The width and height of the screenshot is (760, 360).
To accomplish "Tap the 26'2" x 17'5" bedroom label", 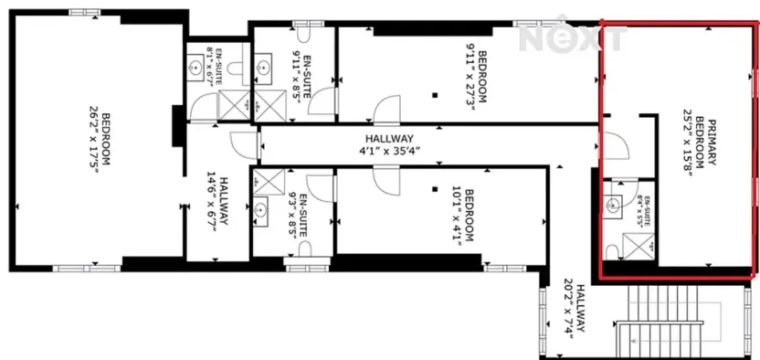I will click(x=100, y=138).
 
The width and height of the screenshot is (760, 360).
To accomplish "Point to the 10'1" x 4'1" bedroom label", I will click(x=465, y=214).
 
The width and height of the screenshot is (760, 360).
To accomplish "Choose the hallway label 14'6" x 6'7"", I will click(x=217, y=206).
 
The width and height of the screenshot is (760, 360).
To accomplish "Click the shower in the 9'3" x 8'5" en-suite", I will click(x=268, y=180).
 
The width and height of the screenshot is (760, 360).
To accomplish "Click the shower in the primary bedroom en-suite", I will click(x=635, y=244).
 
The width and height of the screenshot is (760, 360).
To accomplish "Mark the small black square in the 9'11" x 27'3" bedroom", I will click(x=437, y=94).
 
